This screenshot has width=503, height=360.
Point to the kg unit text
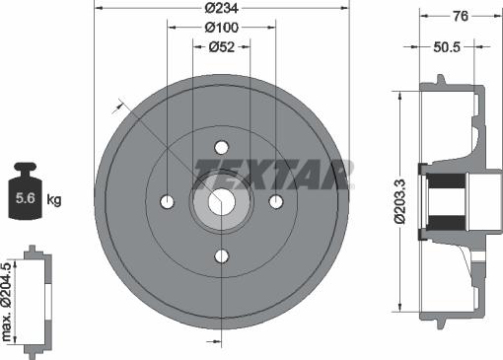pos(54,200)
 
